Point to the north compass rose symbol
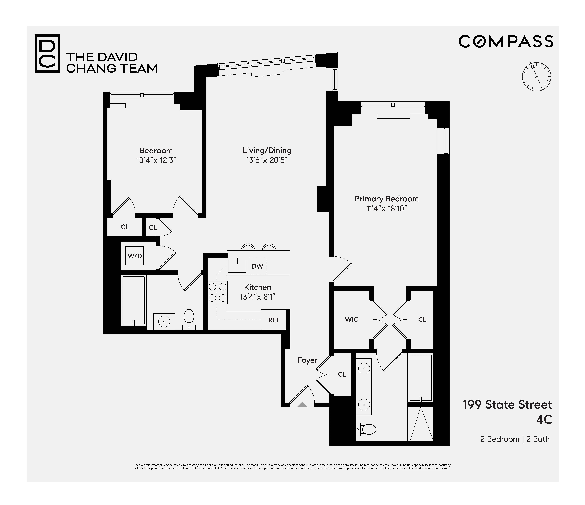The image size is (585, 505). click(x=536, y=77)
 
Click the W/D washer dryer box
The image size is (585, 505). click(x=135, y=256)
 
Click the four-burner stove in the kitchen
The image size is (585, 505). click(x=217, y=292)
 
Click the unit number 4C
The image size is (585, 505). click(x=544, y=420)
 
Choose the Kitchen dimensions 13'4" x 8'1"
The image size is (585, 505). click(x=257, y=297)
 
